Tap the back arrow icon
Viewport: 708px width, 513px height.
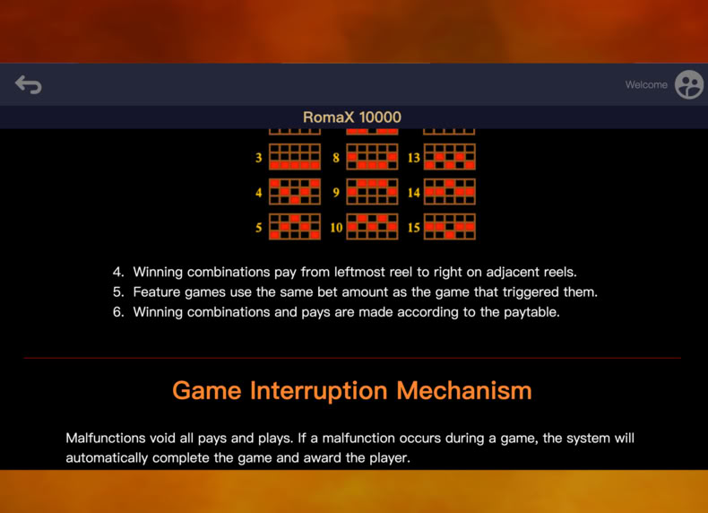tap(29, 84)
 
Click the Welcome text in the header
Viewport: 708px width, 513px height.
tap(646, 84)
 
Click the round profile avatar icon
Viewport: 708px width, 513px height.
tap(689, 84)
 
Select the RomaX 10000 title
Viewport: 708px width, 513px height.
tap(351, 117)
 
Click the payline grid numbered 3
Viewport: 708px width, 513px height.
tap(295, 157)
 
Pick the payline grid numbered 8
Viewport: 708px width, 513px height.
tap(372, 157)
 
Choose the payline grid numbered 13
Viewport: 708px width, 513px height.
tap(449, 157)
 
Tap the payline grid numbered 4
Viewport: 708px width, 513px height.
tap(295, 192)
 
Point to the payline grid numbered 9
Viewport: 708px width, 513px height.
tap(372, 192)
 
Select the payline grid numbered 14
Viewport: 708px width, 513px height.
tap(449, 192)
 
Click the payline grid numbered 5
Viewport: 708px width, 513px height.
tap(295, 226)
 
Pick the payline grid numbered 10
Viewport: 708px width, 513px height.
tap(372, 226)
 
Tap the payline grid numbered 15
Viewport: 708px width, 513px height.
tap(449, 226)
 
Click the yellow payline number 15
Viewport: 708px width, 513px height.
tap(414, 227)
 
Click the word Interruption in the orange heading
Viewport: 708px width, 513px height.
tap(319, 390)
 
